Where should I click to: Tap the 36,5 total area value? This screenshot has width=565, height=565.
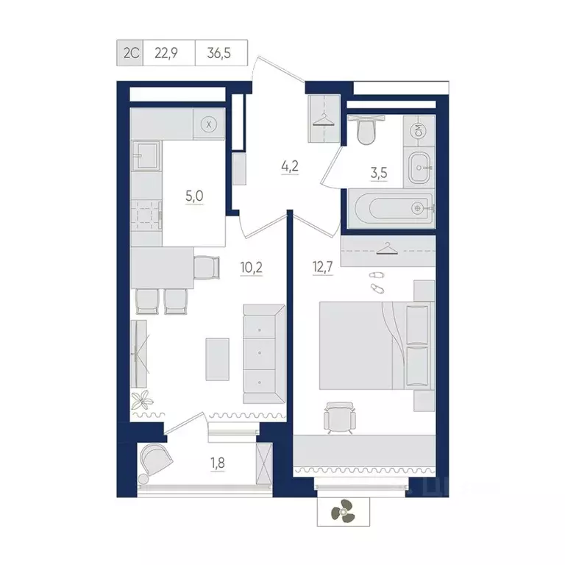pyautogui.click(x=221, y=52)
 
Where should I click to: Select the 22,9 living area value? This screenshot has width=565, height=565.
pyautogui.click(x=168, y=52)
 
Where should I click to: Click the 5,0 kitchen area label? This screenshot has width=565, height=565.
pyautogui.click(x=194, y=196)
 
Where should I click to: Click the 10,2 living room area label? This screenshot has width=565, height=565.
pyautogui.click(x=252, y=267)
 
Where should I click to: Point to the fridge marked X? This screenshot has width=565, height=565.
pyautogui.click(x=210, y=124)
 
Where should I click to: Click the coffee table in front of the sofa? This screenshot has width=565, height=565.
pyautogui.click(x=218, y=358)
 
